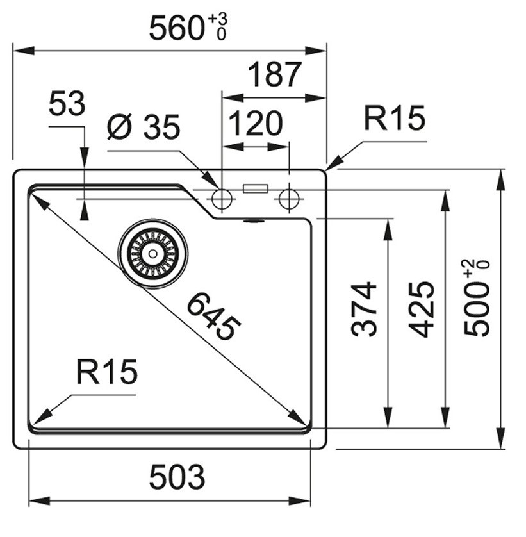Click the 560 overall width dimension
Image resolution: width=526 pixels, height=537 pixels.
click(x=176, y=28)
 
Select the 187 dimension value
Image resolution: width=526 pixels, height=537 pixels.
click(x=274, y=75)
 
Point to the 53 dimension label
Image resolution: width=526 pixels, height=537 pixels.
click(x=67, y=104)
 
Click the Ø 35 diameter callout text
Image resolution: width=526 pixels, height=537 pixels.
click(x=144, y=128)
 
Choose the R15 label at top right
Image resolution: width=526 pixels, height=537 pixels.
click(x=394, y=119)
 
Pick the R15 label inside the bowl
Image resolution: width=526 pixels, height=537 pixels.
click(x=106, y=372)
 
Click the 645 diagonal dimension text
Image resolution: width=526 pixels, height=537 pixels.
click(x=214, y=316)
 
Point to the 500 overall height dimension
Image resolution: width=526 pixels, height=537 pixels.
click(x=477, y=314)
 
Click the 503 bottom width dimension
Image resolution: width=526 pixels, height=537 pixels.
click(x=177, y=477)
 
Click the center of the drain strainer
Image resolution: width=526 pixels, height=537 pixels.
click(x=153, y=253)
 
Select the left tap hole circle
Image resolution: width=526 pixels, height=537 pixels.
click(x=222, y=199)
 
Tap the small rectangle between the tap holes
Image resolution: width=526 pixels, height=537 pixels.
click(x=255, y=188)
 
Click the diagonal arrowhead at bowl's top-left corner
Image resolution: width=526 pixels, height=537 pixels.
click(x=38, y=201)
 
